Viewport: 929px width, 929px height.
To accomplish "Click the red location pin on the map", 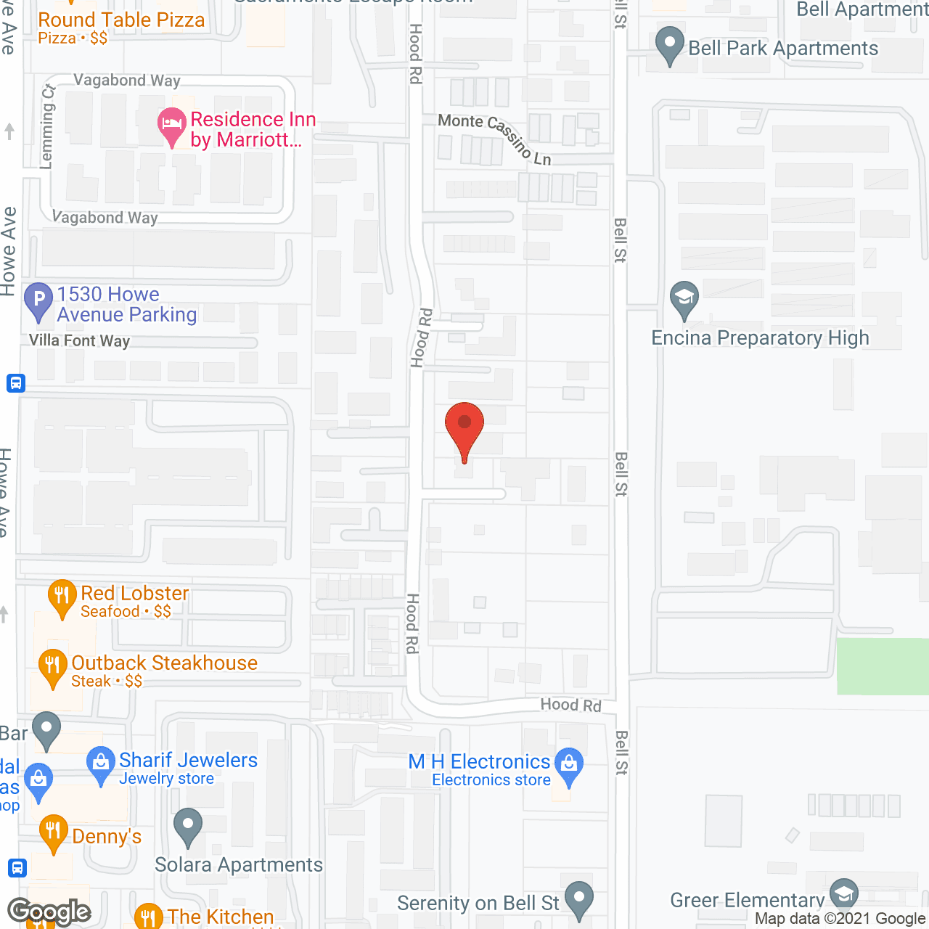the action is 464,425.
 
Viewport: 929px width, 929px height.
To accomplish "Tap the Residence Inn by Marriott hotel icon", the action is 171,125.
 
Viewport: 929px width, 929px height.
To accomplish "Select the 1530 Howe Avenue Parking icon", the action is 38,300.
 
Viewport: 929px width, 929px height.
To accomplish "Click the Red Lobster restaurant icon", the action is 62,597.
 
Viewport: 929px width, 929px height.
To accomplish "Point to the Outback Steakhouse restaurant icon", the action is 52,666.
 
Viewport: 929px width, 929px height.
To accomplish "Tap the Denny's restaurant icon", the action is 53,832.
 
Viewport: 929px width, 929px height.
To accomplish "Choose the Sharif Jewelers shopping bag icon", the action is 100,764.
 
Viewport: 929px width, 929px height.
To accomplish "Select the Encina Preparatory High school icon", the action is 684,298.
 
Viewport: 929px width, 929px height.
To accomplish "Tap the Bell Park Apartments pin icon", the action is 669,44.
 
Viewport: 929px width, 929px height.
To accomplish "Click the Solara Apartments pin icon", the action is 188,826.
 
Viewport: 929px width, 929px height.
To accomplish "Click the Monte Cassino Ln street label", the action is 495,137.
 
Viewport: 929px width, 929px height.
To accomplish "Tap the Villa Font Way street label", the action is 79,340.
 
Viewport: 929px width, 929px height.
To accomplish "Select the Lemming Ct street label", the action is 47,126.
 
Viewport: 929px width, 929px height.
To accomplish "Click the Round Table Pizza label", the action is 121,20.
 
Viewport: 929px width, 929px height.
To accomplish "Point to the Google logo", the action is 49,912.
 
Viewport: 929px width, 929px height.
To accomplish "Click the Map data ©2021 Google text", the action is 840,919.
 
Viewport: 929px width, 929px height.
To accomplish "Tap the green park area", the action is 883,666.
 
